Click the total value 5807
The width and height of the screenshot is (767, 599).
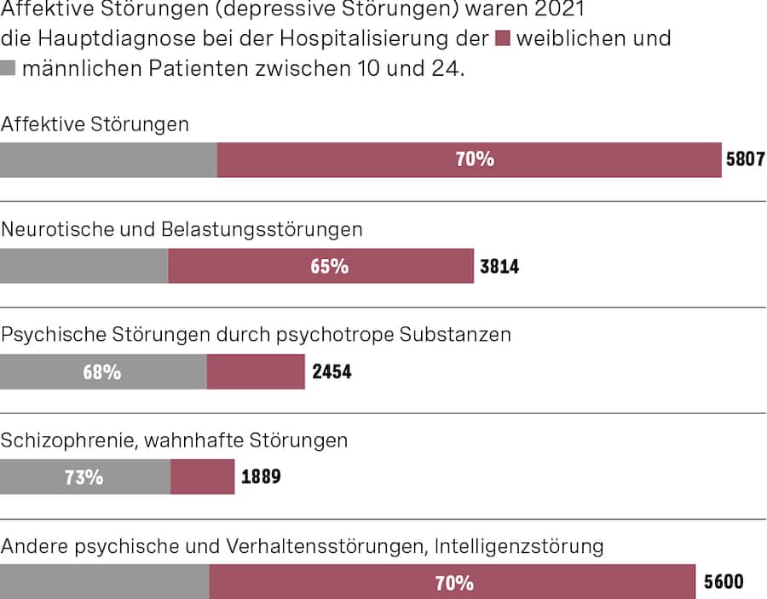pos(745,159)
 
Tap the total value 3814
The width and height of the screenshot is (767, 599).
pos(499,266)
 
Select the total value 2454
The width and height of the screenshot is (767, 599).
pos(331,372)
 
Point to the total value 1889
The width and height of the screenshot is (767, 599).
pos(261,477)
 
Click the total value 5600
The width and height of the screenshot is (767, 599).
pos(723,582)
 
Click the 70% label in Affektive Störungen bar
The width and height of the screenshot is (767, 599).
pos(475,159)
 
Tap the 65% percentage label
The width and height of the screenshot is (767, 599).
pos(329,266)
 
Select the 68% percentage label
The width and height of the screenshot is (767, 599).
pos(101,372)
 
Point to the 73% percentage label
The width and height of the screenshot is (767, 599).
pos(84,477)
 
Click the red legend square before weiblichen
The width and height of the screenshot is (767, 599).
pos(502,38)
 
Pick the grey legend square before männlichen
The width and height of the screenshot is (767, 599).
pos(9,68)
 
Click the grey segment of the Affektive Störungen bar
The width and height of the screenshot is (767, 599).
pos(108,159)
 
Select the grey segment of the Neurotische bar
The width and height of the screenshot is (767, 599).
pos(84,266)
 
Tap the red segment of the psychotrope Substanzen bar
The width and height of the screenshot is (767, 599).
pos(256,372)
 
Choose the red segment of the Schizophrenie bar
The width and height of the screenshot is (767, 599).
pos(202,477)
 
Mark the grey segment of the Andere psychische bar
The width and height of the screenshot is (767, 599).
pos(104,582)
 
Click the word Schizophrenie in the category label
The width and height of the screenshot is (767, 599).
pos(66,441)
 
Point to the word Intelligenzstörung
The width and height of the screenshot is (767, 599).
pos(521,546)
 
